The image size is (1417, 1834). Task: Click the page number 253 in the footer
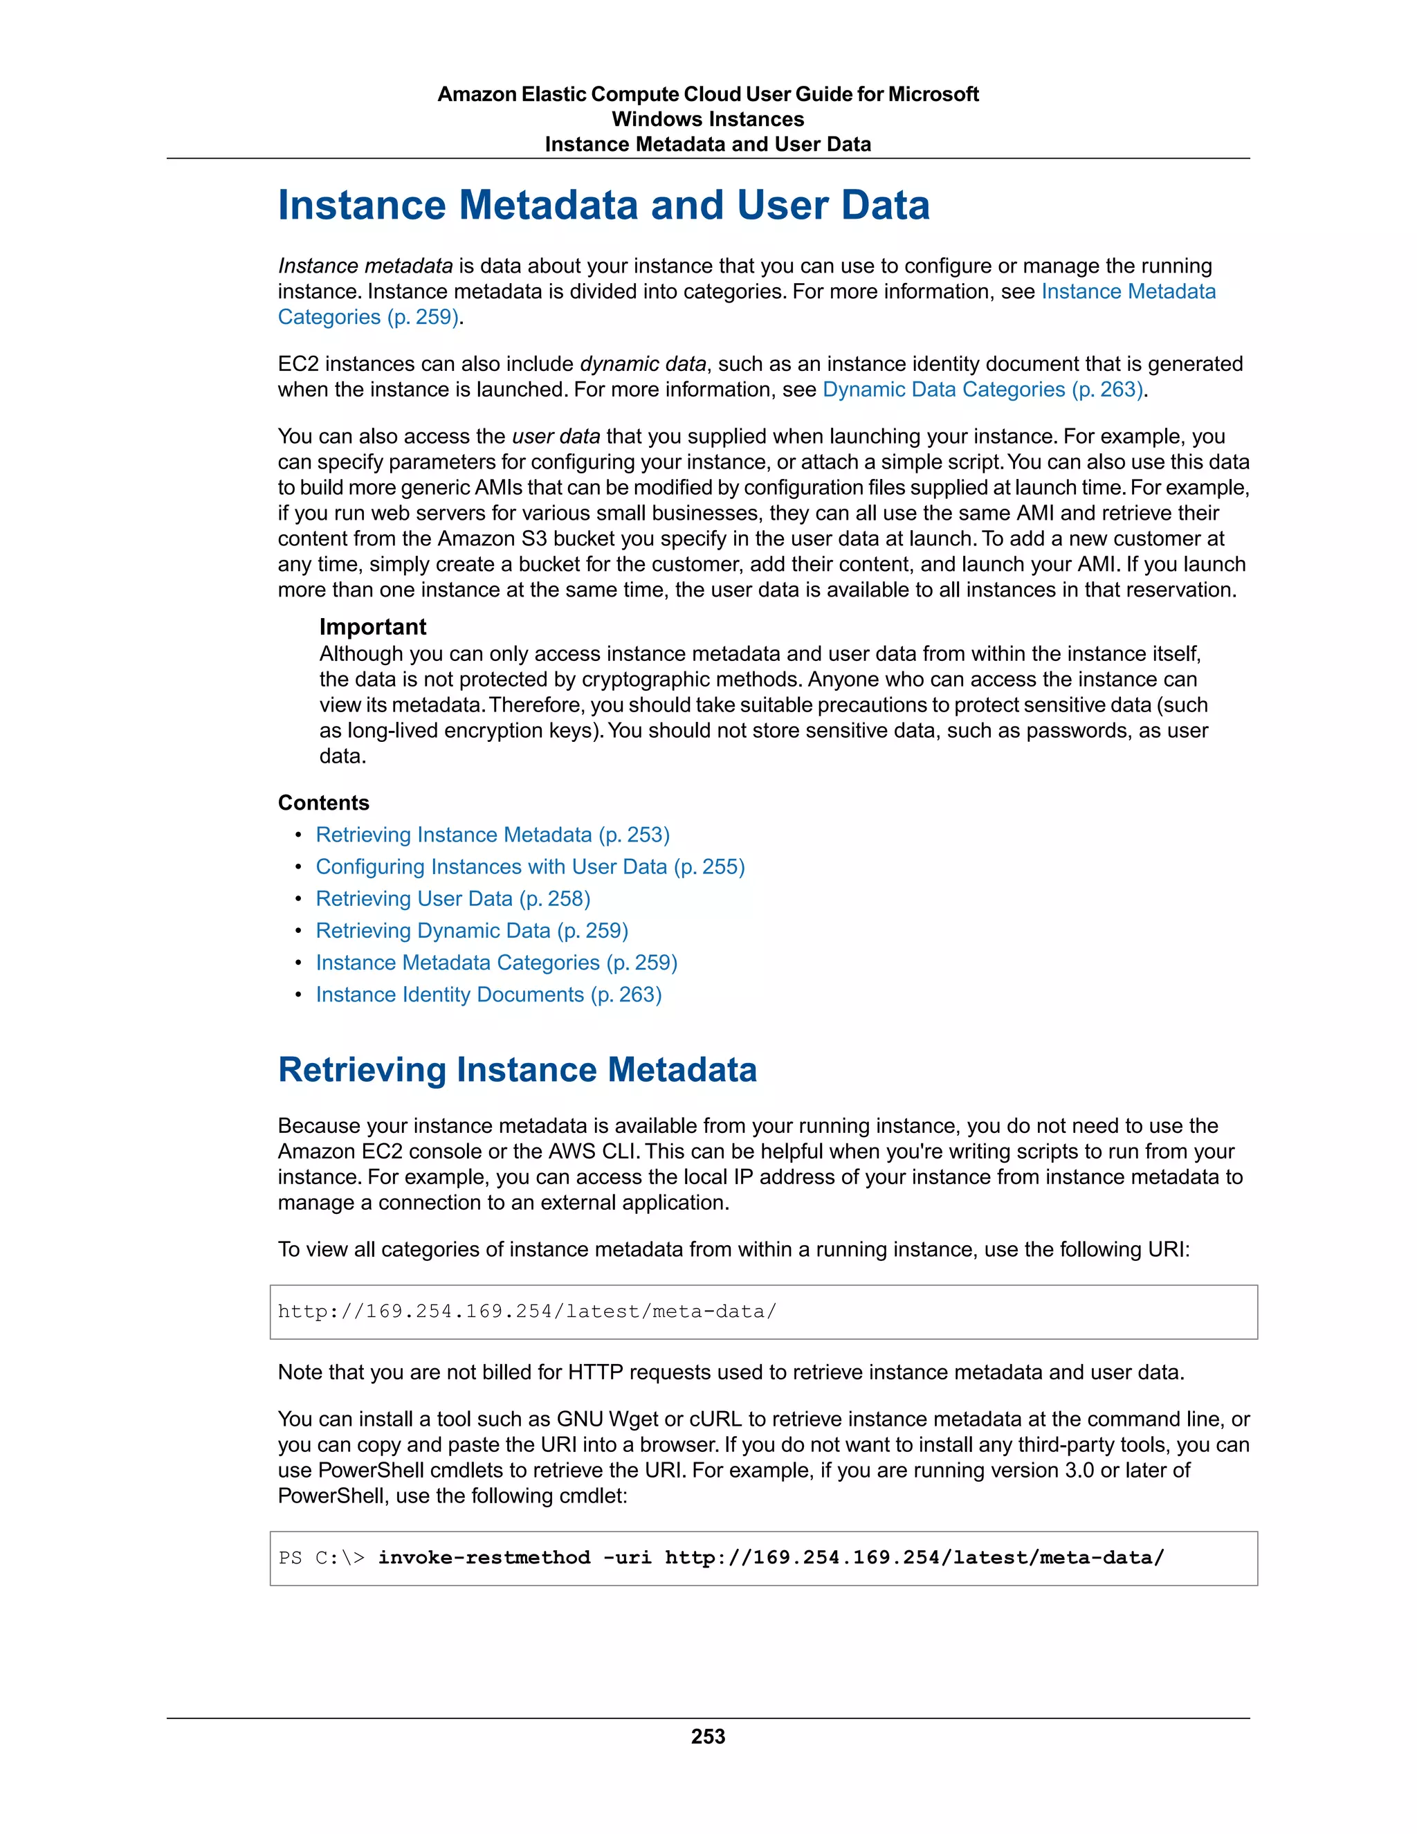pyautogui.click(x=708, y=1736)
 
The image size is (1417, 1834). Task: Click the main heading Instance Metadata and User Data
pyautogui.click(x=603, y=205)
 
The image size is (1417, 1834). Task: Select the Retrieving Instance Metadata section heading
pyautogui.click(x=517, y=1070)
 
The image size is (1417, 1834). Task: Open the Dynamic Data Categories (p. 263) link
pyautogui.click(x=983, y=390)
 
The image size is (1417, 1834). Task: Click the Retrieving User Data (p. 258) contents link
pyautogui.click(x=453, y=898)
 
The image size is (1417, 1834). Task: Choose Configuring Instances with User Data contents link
pyautogui.click(x=530, y=866)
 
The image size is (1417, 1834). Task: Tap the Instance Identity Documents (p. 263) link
pyautogui.click(x=488, y=995)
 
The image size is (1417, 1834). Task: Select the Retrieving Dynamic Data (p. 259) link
pyautogui.click(x=472, y=930)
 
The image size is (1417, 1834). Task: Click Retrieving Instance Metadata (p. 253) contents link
pyautogui.click(x=493, y=835)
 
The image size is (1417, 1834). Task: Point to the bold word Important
pyautogui.click(x=373, y=627)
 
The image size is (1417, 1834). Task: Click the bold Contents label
pyautogui.click(x=323, y=803)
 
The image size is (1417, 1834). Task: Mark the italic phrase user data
pyautogui.click(x=556, y=437)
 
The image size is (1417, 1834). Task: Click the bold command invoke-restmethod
pyautogui.click(x=484, y=1558)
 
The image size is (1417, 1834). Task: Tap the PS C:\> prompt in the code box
pyautogui.click(x=322, y=1558)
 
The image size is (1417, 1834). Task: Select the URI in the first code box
pyautogui.click(x=527, y=1311)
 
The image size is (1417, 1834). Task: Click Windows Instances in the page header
pyautogui.click(x=708, y=119)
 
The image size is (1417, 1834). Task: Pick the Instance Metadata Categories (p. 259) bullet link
pyautogui.click(x=496, y=963)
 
